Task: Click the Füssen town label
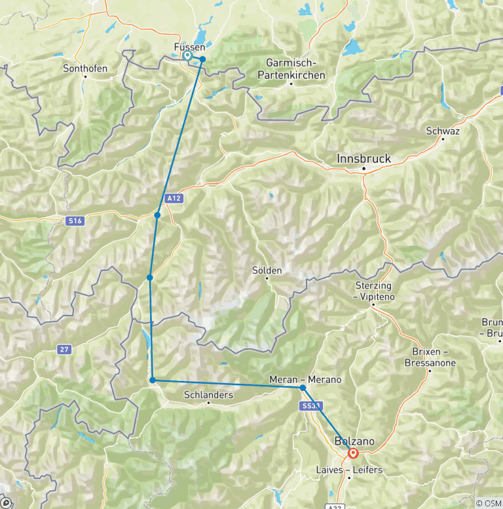(x=190, y=47)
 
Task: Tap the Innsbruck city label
(x=363, y=158)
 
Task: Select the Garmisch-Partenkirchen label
(x=295, y=69)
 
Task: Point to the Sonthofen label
(x=85, y=68)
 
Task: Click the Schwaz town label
(x=443, y=131)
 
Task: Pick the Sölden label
(x=267, y=270)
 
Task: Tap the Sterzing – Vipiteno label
(x=373, y=291)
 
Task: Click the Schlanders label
(x=208, y=395)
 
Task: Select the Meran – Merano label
(x=305, y=379)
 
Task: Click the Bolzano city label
(x=354, y=441)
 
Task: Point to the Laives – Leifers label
(x=349, y=470)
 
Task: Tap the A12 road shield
(x=172, y=197)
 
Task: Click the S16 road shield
(x=75, y=221)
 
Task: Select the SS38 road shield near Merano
(x=311, y=407)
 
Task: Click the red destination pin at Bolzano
(x=354, y=453)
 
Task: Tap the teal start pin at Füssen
(x=187, y=56)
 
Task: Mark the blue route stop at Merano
(x=303, y=388)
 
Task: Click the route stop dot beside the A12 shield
(x=157, y=214)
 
